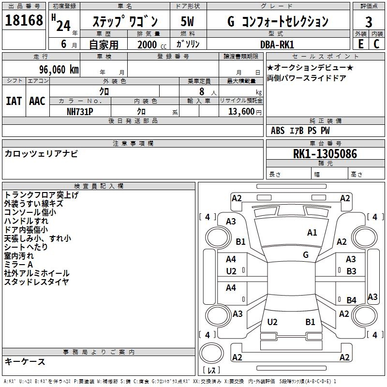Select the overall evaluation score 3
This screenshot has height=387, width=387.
(x=369, y=22)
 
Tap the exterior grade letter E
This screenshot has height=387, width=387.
(x=360, y=44)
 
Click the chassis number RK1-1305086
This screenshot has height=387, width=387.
(x=325, y=154)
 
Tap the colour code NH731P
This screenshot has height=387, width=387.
(x=80, y=111)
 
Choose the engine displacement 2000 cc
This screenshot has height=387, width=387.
(x=149, y=45)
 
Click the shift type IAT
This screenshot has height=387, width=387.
(x=14, y=101)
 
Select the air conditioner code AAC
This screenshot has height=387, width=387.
(x=37, y=101)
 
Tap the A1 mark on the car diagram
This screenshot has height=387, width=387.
(x=312, y=233)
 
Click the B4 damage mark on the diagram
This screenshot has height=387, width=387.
(x=351, y=300)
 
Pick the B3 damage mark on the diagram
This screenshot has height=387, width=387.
(x=351, y=271)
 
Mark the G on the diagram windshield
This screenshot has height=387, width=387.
(x=306, y=254)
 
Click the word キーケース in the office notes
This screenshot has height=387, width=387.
(x=25, y=362)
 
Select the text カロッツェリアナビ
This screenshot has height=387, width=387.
(x=41, y=154)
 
